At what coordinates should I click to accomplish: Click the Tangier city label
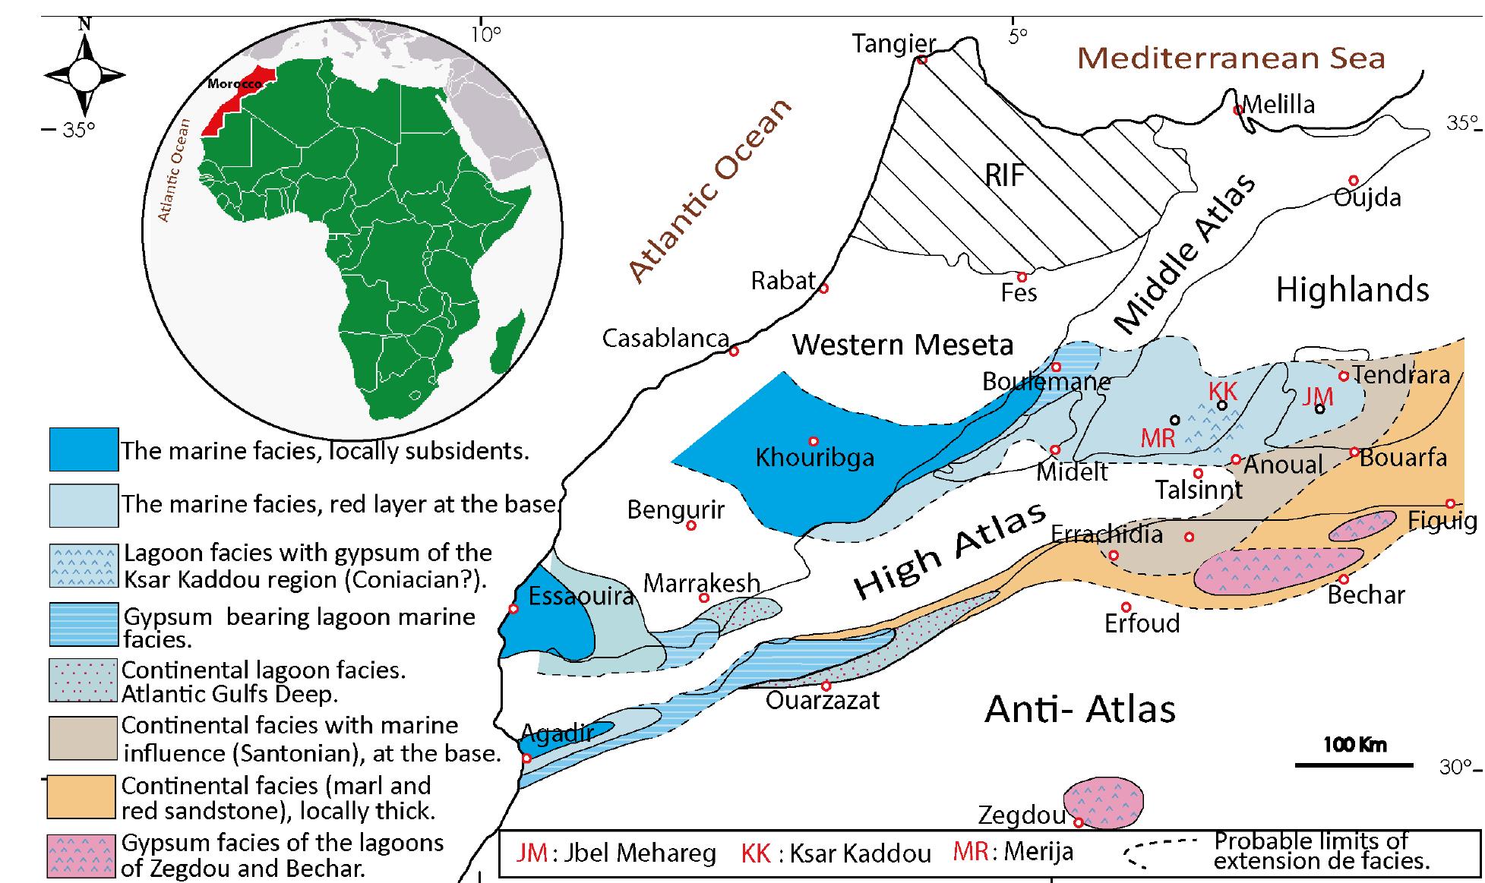[x=893, y=44]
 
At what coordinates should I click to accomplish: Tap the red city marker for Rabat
[x=823, y=289]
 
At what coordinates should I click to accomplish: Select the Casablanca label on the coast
[x=665, y=339]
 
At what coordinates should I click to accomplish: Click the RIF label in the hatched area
[x=1005, y=176]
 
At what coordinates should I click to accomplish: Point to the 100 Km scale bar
[x=1354, y=763]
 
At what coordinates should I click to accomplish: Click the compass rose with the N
[x=84, y=74]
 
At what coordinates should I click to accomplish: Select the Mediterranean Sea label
[x=1231, y=58]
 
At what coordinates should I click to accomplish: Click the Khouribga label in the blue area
[x=814, y=458]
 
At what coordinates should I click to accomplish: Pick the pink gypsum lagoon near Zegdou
[x=1103, y=801]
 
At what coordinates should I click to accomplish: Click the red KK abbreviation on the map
[x=1223, y=391]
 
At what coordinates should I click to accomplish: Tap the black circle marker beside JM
[x=1319, y=408]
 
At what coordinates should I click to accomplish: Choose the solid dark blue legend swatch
[x=84, y=449]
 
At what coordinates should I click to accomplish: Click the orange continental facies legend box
[x=83, y=796]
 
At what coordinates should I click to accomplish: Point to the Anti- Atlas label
[x=1079, y=710]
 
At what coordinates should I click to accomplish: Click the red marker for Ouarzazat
[x=826, y=686]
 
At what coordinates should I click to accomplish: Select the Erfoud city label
[x=1142, y=624]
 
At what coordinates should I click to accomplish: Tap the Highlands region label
[x=1352, y=290]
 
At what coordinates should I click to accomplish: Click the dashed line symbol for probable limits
[x=1162, y=850]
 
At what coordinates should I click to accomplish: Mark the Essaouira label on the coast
[x=580, y=596]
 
